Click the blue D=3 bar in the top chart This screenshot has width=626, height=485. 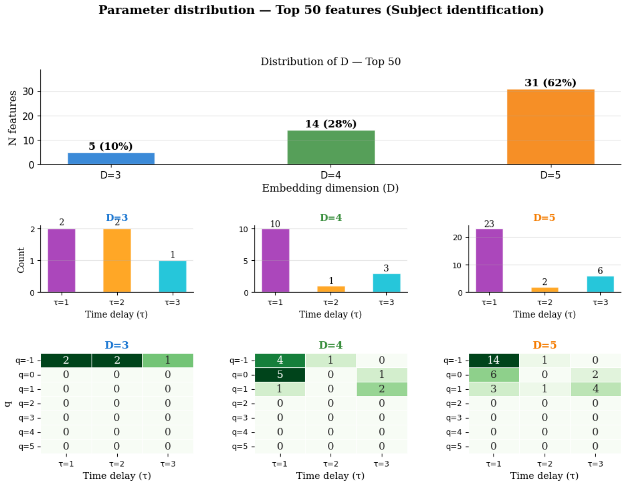point(111,158)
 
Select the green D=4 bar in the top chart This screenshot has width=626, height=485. point(331,147)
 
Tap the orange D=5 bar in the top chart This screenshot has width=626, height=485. point(551,127)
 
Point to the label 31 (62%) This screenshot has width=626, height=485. point(550,82)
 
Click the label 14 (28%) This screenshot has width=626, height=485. point(331,124)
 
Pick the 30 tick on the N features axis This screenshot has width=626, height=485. point(28,92)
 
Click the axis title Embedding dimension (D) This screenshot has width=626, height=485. point(330,188)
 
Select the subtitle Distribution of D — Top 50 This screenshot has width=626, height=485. point(330,62)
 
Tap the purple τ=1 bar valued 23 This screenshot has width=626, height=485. point(489,261)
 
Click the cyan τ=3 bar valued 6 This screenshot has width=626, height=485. point(600,284)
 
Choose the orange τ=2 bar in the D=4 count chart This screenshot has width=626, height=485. point(331,289)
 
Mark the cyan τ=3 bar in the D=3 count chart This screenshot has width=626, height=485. point(173,276)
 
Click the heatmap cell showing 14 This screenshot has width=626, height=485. point(494,360)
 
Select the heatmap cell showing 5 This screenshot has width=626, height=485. point(280,375)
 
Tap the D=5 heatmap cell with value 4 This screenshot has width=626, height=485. point(596,389)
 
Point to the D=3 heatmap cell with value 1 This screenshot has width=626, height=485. point(168,360)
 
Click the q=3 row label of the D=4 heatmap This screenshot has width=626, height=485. point(240,418)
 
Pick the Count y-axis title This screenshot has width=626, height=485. point(21,260)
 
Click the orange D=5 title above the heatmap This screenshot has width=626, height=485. point(544,345)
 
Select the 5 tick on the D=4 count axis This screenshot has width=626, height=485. point(246,261)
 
